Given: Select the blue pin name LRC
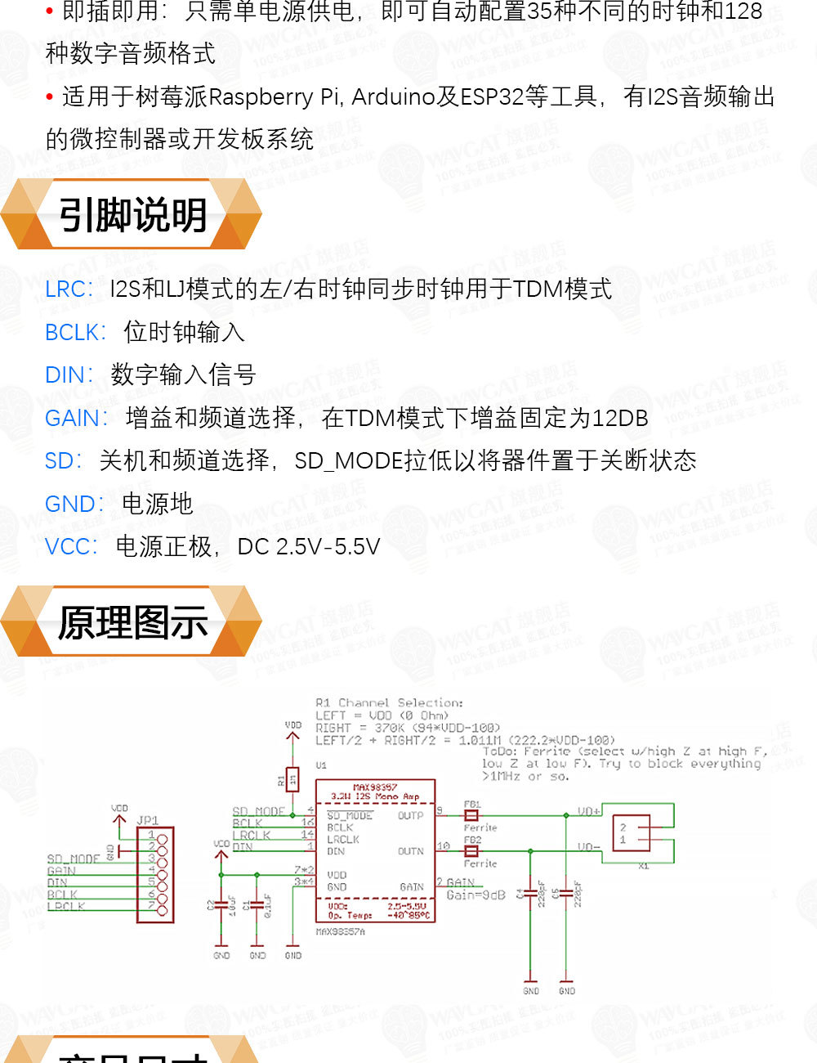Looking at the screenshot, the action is click(69, 289).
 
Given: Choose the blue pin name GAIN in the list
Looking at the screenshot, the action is click(75, 419).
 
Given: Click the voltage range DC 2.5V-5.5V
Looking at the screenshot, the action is click(309, 547).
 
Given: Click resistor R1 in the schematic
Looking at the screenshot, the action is click(293, 781).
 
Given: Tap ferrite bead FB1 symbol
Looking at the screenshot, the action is click(471, 815).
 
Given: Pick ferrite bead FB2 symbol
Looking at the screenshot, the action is click(471, 850).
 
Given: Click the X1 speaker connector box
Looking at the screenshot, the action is click(631, 834).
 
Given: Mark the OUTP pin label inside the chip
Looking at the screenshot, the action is click(410, 815).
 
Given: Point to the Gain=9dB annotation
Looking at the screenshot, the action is click(475, 895).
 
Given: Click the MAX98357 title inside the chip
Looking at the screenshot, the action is click(375, 787).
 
